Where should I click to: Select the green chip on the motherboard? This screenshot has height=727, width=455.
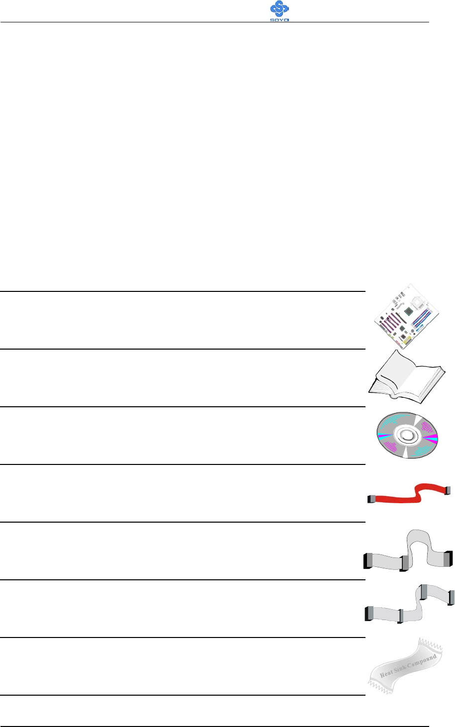409,311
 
